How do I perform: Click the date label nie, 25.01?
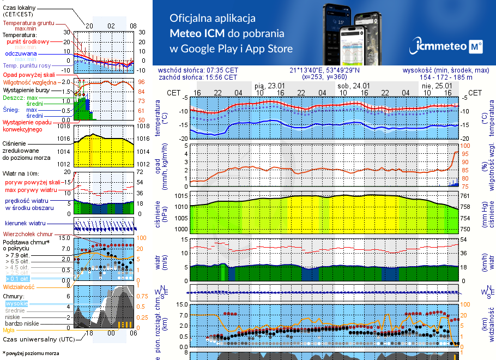(437, 86)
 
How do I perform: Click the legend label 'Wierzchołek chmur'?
(24, 233)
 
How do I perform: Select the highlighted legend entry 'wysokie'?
(16, 303)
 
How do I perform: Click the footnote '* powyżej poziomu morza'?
(30, 353)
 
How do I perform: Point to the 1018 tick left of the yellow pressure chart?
(63, 126)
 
